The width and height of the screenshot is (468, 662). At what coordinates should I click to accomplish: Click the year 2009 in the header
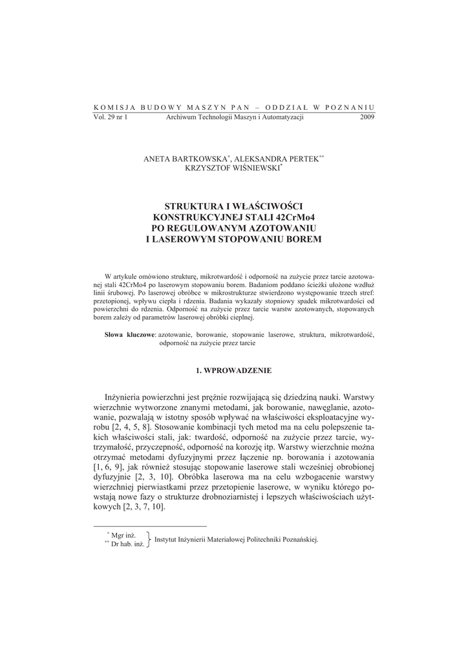pos(367,117)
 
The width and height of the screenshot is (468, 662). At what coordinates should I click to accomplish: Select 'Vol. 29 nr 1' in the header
pos(111,117)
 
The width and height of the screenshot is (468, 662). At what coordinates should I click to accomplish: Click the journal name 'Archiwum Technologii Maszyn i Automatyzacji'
pos(235,117)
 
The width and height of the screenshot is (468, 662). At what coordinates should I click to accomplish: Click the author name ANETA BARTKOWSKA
pos(186,158)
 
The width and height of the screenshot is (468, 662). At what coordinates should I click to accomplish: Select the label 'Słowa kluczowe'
pos(130,335)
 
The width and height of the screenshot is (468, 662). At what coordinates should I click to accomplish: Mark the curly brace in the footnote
pos(149,540)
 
